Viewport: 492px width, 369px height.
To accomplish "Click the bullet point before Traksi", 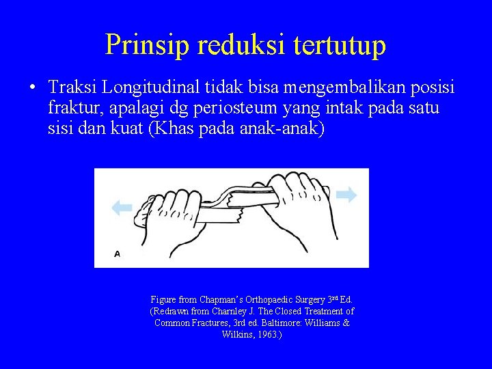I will click(32, 88).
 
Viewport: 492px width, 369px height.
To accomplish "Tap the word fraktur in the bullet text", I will click(73, 108).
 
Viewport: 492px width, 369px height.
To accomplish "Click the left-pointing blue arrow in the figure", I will click(122, 208).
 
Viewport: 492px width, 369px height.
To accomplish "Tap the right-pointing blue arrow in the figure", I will click(346, 195).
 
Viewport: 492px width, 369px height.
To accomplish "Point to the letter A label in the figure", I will click(117, 254).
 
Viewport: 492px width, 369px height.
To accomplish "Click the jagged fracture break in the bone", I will click(233, 202).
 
